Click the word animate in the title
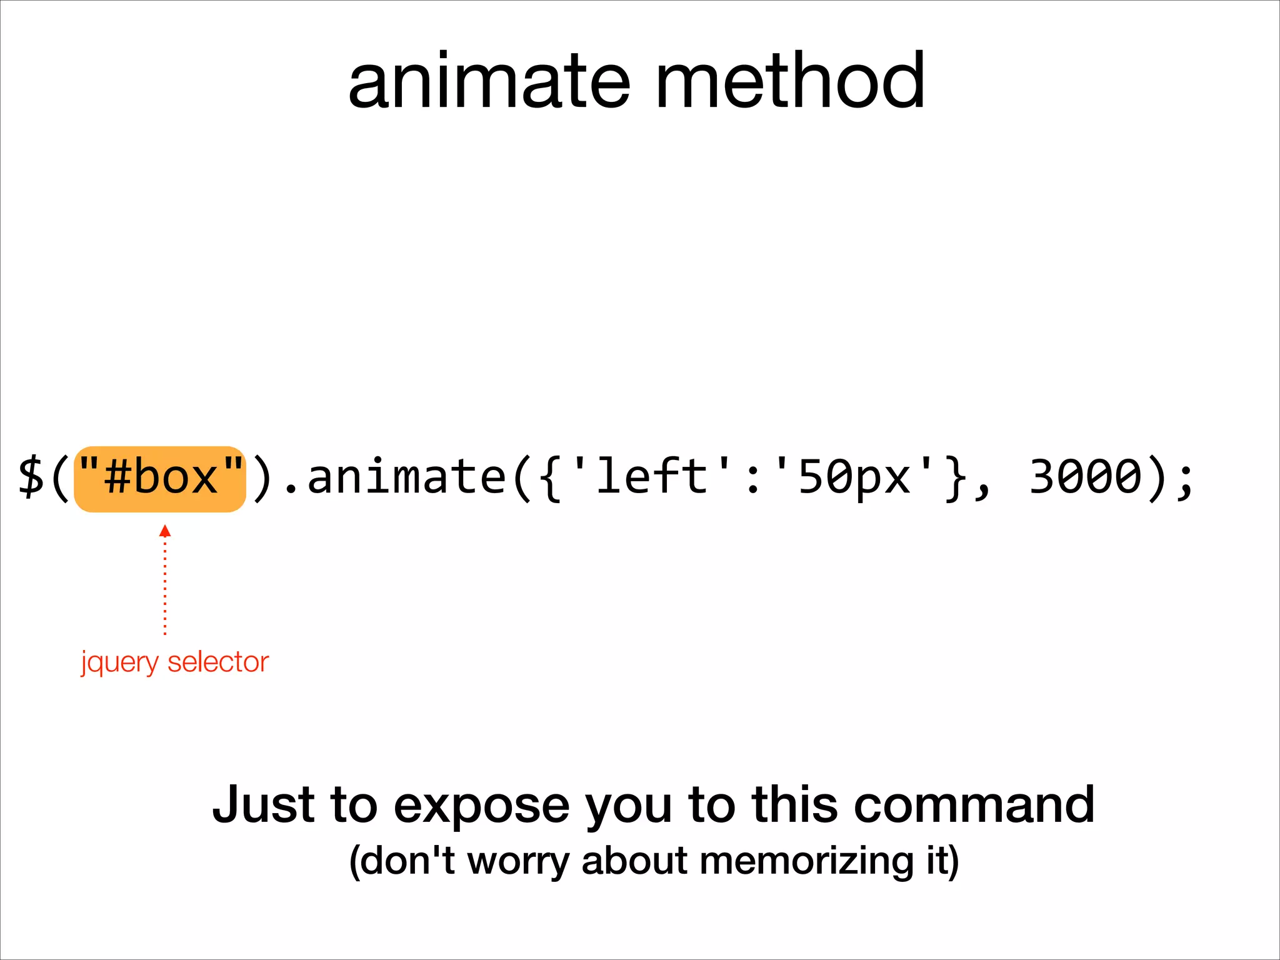point(489,81)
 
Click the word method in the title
point(790,81)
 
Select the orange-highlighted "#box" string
point(160,479)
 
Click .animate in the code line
point(394,477)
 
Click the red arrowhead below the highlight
point(165,531)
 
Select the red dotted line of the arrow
point(165,587)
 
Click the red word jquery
point(119,662)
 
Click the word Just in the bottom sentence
point(263,804)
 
